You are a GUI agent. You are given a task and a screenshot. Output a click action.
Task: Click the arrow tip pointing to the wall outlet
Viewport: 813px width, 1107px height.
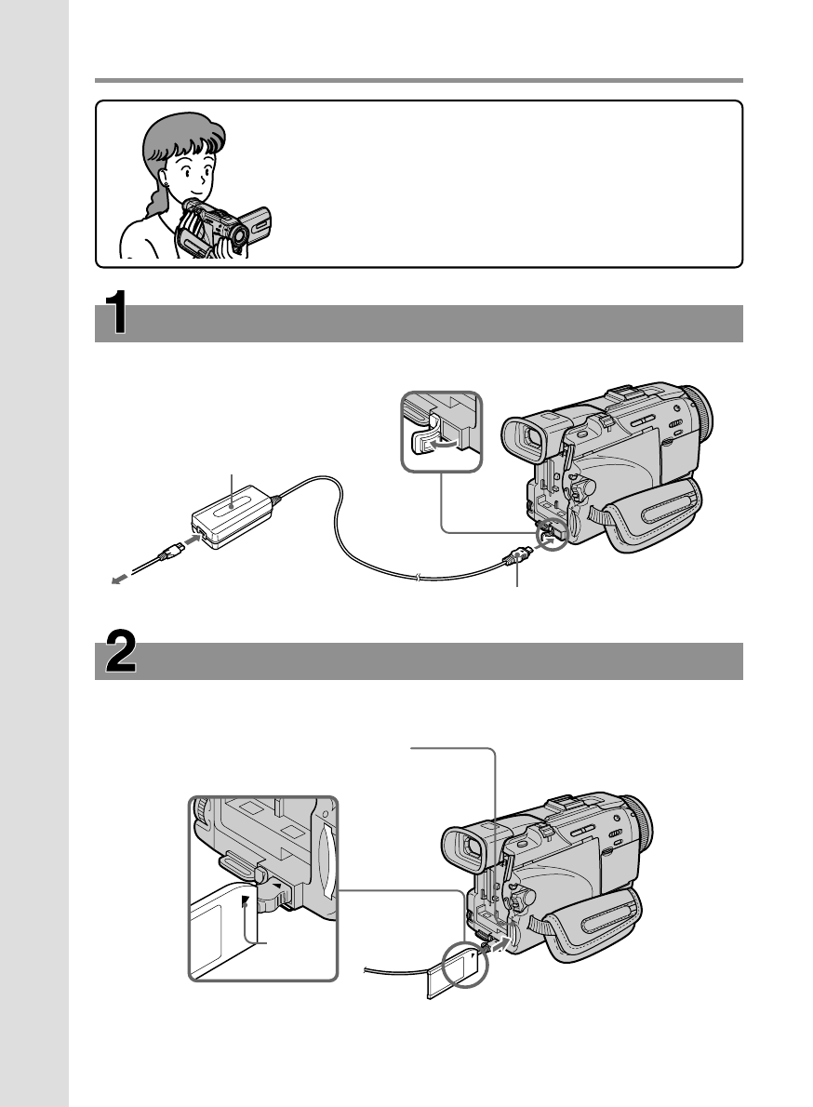(113, 580)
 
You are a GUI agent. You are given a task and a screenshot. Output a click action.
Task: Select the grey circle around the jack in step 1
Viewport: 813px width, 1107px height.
(553, 540)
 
